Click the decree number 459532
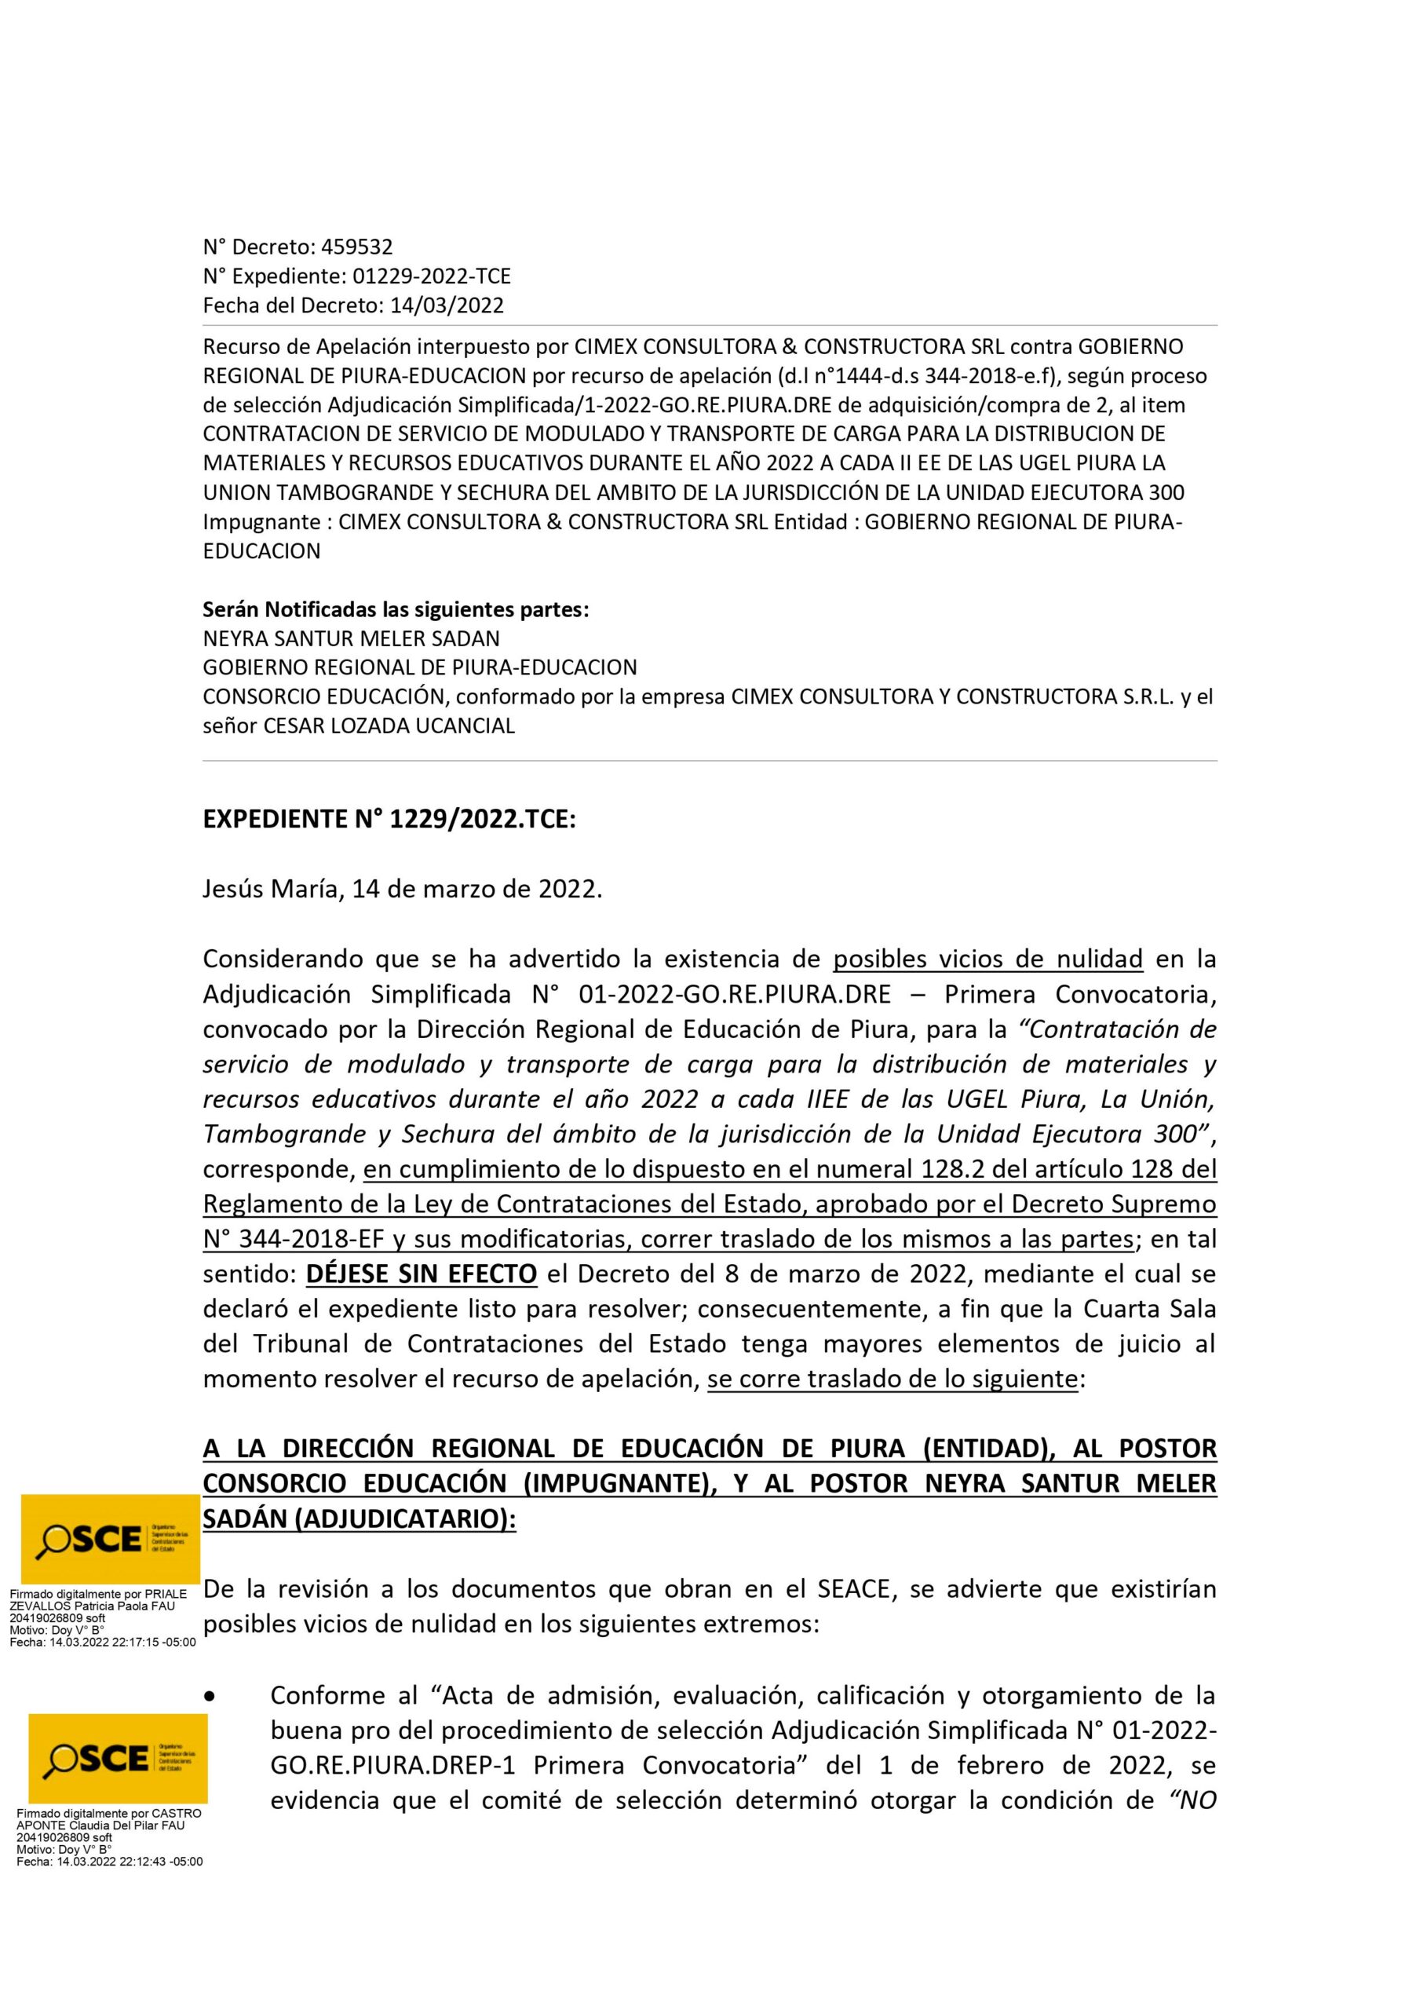tap(357, 247)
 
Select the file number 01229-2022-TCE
tap(431, 276)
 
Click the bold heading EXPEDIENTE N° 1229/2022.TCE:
tap(389, 820)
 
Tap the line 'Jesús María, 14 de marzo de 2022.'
tap(403, 890)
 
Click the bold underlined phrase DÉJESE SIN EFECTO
tap(421, 1274)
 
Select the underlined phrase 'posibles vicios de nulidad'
tap(987, 959)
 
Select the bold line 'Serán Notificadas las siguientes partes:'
tap(396, 609)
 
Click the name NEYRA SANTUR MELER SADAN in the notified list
tap(351, 638)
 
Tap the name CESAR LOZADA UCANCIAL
tap(389, 725)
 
